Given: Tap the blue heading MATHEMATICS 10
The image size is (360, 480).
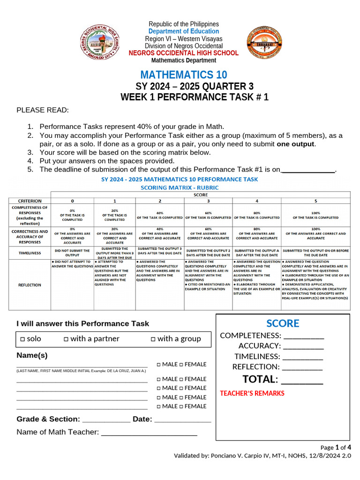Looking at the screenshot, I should (183, 75).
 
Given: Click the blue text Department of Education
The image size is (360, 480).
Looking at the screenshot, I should (184, 31).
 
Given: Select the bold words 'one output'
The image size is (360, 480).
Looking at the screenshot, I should (296, 144).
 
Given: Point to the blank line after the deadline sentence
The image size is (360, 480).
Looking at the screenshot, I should (307, 170).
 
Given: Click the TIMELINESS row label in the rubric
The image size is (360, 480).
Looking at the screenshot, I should (30, 253).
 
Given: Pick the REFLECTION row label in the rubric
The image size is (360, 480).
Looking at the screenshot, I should (30, 285).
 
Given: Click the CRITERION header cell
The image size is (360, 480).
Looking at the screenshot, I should (30, 201).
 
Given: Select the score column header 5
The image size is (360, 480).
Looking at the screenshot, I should (315, 201).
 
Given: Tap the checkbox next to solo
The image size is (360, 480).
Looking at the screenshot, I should (22, 339).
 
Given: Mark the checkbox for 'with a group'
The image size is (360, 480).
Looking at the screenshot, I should (153, 339).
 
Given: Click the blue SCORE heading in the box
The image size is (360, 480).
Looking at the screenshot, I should (283, 323).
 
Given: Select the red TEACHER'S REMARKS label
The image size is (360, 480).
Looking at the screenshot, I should (252, 393).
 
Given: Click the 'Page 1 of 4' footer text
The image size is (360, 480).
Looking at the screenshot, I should (336, 447).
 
